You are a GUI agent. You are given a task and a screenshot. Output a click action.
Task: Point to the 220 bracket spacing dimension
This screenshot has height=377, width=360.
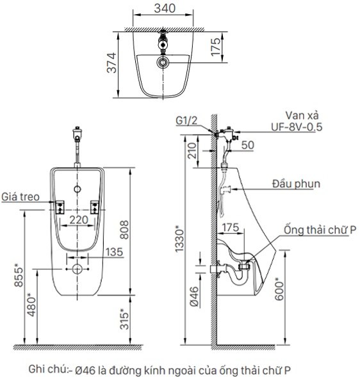[x=79, y=220]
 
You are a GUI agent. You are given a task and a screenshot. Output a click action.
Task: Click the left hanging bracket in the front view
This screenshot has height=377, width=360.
[x=60, y=207]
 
